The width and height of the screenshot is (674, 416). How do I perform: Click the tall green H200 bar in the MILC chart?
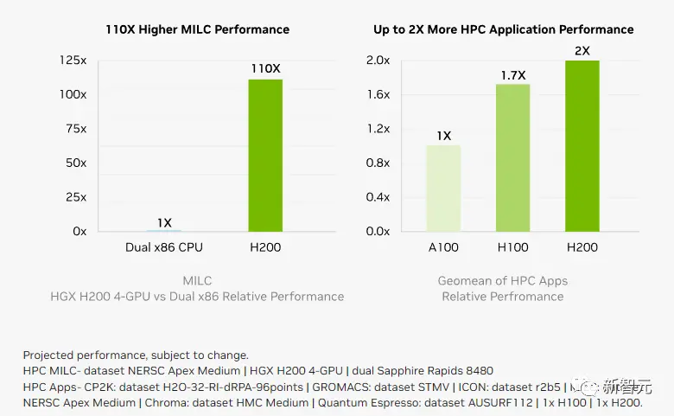click(x=265, y=156)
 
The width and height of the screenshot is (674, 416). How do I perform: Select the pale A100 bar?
click(x=443, y=189)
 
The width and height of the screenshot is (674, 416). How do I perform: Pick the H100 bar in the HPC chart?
click(x=513, y=158)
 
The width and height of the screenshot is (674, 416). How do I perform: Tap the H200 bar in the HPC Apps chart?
click(x=582, y=146)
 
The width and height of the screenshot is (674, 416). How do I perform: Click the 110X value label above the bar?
click(x=265, y=68)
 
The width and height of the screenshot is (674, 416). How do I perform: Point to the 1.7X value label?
click(x=513, y=75)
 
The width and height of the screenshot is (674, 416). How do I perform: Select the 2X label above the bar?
click(x=582, y=51)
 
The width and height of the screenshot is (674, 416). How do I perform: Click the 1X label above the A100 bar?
click(x=443, y=136)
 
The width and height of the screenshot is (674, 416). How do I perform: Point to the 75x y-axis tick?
click(x=75, y=129)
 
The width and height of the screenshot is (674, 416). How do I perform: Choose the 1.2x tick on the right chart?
click(x=378, y=129)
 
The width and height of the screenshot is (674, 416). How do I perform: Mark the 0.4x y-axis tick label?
click(x=378, y=197)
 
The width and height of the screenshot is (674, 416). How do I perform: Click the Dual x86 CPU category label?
click(x=164, y=247)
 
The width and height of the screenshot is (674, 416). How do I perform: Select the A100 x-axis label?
click(x=443, y=247)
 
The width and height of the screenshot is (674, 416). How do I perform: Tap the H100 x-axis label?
click(x=513, y=247)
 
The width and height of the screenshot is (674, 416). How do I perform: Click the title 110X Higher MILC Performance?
click(x=197, y=29)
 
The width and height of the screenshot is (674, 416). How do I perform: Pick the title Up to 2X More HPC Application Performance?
click(x=504, y=29)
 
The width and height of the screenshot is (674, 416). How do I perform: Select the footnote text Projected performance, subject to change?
click(x=136, y=355)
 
